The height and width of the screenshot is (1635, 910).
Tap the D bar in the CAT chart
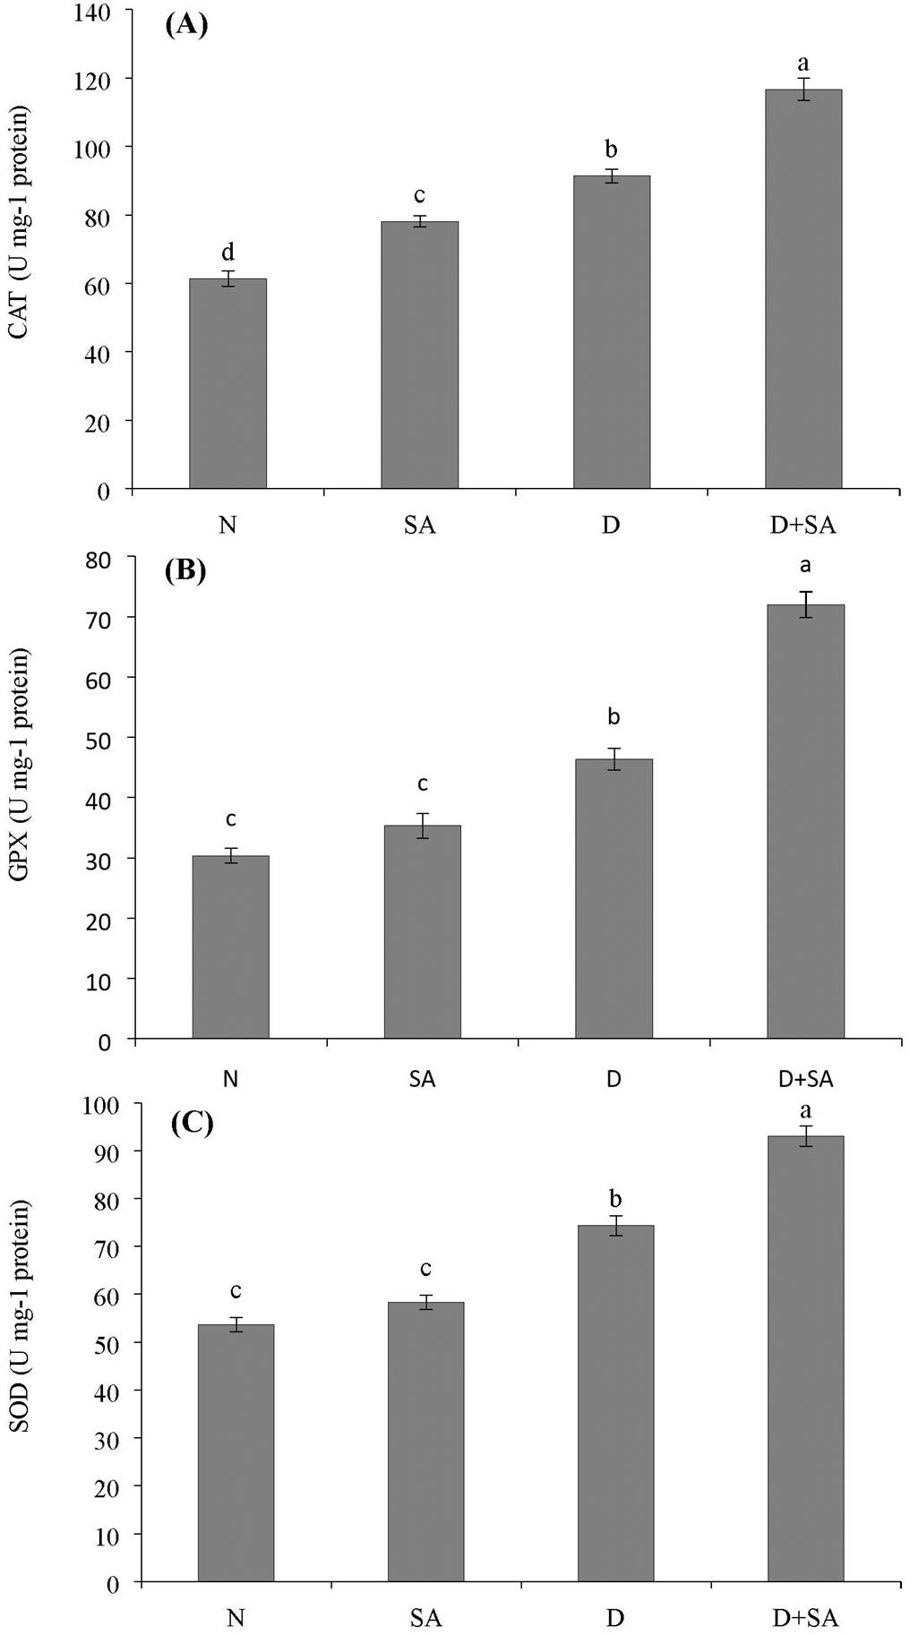[611, 331]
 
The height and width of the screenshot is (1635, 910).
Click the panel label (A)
[186, 24]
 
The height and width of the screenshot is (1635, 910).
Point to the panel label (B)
[185, 570]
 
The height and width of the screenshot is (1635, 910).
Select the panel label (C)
[192, 1123]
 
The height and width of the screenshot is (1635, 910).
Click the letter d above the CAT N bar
[227, 253]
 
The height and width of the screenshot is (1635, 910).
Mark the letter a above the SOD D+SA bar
[805, 1110]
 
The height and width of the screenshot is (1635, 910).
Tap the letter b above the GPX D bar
[614, 716]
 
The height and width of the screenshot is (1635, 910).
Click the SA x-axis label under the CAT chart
[419, 525]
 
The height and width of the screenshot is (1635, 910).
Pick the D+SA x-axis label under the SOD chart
[805, 1618]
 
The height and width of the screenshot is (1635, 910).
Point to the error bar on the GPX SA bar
[423, 826]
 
